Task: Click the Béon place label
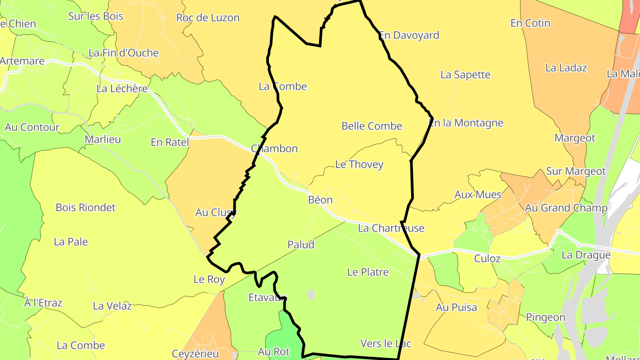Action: [x=320, y=200]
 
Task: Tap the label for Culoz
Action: [x=487, y=259]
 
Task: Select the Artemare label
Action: [x=22, y=61]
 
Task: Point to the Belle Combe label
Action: [x=372, y=126]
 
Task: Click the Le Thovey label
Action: [x=359, y=164]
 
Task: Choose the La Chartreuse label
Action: [x=391, y=228]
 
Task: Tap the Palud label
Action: [x=301, y=244]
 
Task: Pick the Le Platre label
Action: [x=368, y=272]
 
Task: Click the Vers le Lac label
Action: [x=386, y=344]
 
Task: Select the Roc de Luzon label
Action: [x=208, y=18]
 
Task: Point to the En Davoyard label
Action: [x=409, y=36]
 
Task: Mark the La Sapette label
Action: [x=465, y=75]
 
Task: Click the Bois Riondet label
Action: [x=85, y=208]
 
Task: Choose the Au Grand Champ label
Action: [x=566, y=208]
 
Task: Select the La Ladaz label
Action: [x=566, y=68]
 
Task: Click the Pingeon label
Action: [x=546, y=317]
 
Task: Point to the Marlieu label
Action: [x=103, y=140]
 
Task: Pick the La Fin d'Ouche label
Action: [x=124, y=53]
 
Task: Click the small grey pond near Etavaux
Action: [x=311, y=294]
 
